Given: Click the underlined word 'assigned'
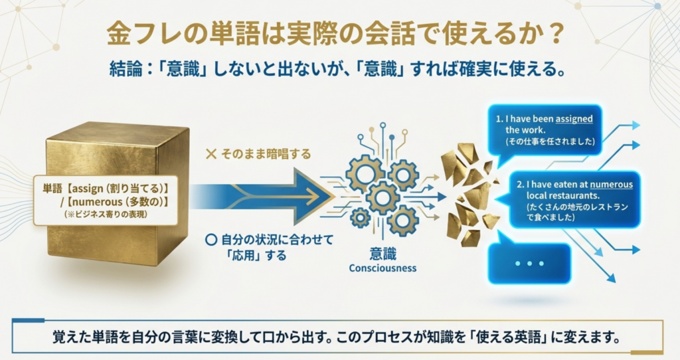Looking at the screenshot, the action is (574, 119).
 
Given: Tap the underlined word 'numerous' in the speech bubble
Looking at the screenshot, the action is (611, 185).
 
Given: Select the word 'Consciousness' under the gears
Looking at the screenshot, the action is (382, 268).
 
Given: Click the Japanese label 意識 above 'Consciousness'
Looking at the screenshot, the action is (382, 254).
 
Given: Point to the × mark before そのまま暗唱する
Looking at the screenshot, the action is (211, 154).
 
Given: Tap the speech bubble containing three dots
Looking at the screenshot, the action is (529, 263).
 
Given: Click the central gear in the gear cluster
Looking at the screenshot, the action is (382, 198).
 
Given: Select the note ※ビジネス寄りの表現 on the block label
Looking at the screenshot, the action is (106, 215).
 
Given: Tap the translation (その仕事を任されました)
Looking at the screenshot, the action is (551, 141).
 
